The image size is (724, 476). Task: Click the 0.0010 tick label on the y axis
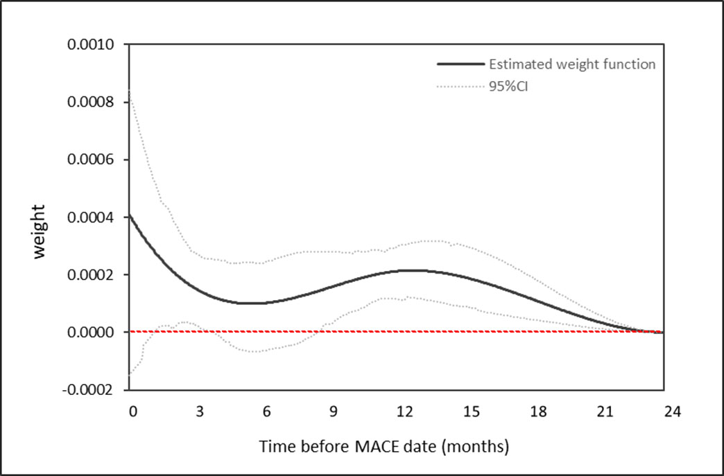[x=93, y=45]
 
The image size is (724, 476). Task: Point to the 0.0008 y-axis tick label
[x=93, y=103]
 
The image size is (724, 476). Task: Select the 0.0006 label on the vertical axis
[x=93, y=160]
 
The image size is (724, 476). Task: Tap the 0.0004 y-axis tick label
[x=93, y=218]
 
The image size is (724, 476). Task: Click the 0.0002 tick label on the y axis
[x=93, y=275]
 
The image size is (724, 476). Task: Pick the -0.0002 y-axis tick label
[x=91, y=390]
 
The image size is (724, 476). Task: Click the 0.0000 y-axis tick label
[x=93, y=333]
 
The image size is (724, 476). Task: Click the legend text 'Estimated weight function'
[x=572, y=64]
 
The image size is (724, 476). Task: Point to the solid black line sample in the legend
[x=460, y=64]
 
